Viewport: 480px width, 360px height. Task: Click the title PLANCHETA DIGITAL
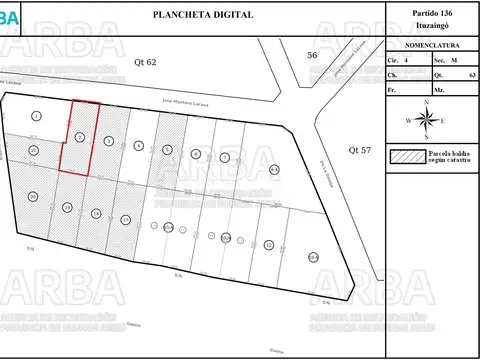click(203, 15)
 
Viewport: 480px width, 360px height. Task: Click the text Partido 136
click(432, 11)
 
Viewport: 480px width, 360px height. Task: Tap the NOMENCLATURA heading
click(432, 46)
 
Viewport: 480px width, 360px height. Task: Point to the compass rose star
click(427, 120)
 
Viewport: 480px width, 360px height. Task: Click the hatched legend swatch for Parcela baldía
click(409, 157)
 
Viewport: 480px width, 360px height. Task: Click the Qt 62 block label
click(146, 62)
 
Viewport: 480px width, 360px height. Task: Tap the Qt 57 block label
click(359, 149)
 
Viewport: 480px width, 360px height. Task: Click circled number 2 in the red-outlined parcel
click(79, 137)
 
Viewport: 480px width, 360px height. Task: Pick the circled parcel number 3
click(108, 141)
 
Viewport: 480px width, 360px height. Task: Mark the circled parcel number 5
click(167, 149)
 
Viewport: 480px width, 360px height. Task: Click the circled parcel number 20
click(33, 196)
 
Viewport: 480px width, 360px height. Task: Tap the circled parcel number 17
click(125, 219)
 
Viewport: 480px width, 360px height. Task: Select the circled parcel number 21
click(33, 150)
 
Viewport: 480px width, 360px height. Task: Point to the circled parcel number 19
click(67, 207)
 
